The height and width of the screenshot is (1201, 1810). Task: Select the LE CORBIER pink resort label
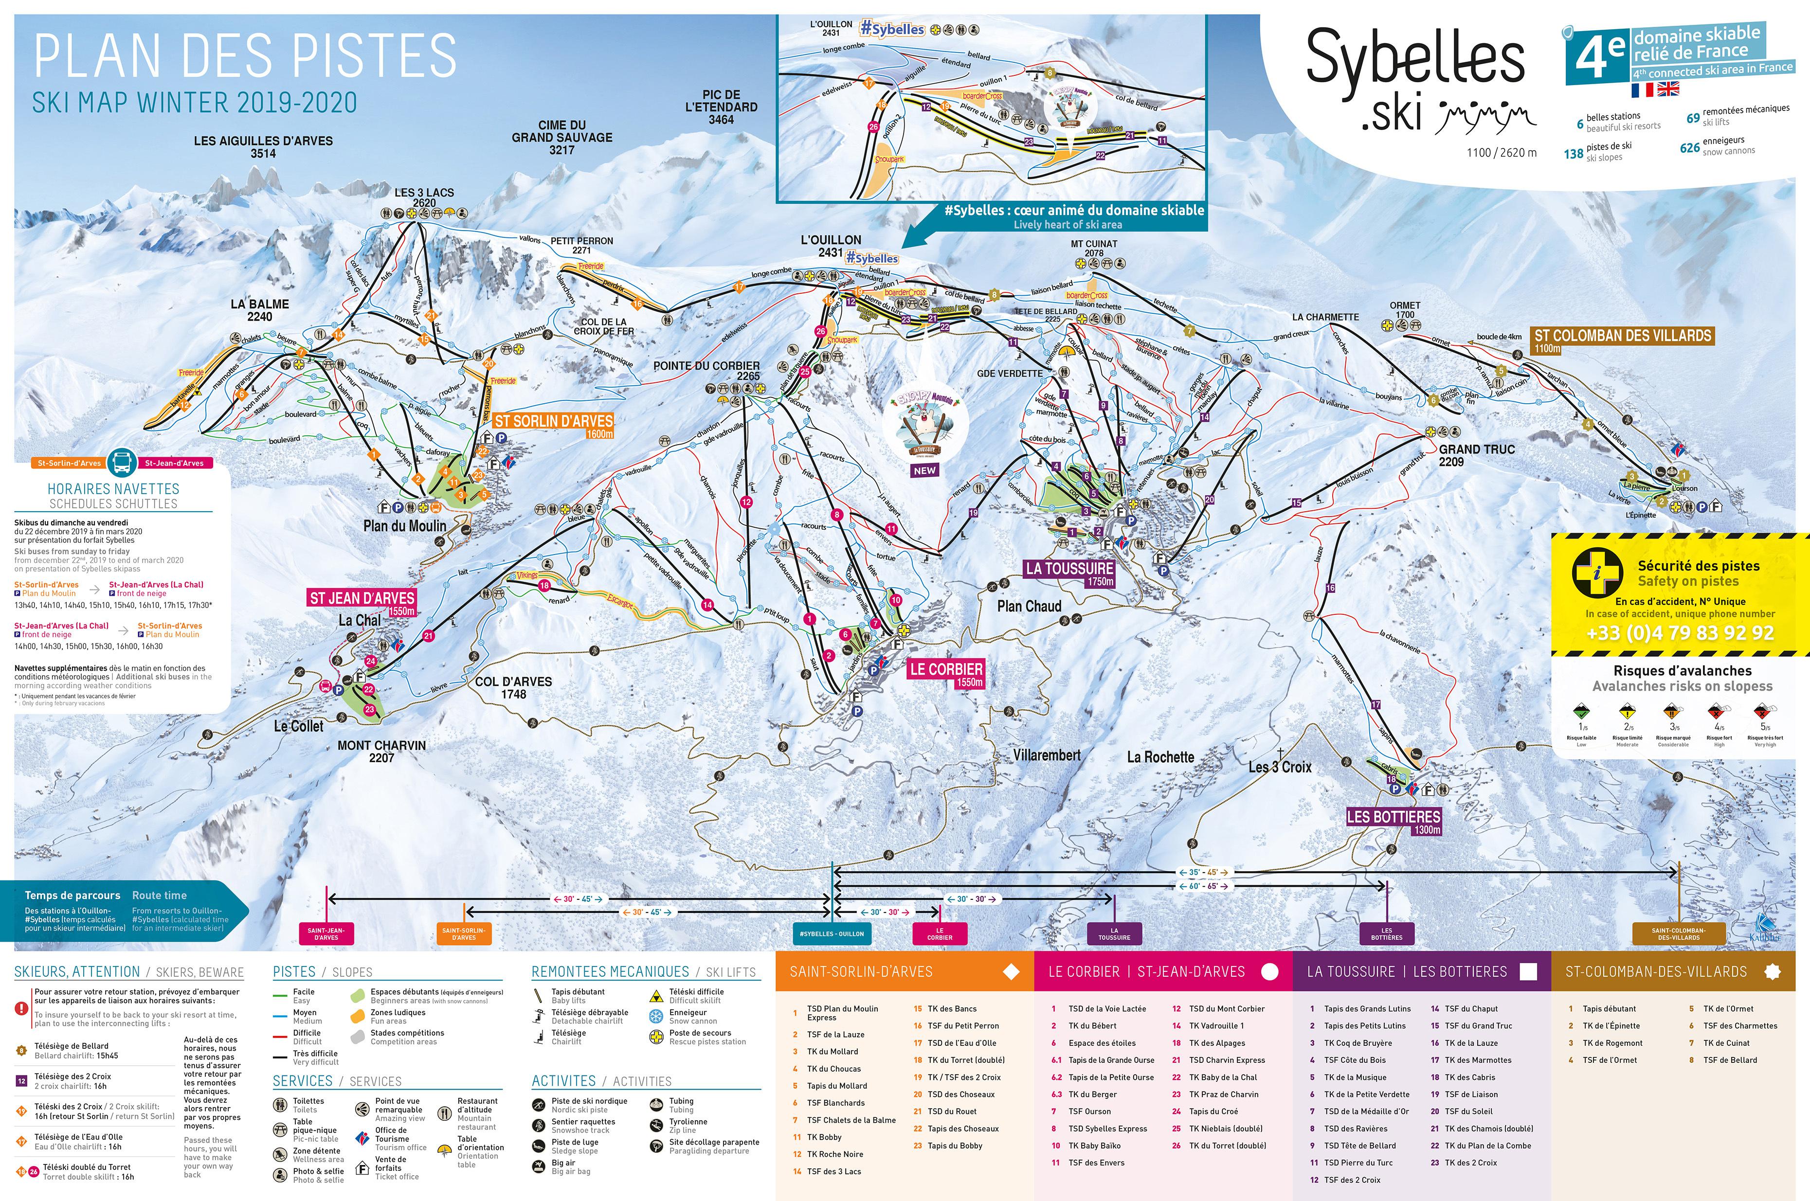point(945,669)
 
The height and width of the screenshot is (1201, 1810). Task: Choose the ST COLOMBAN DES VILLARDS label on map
point(1622,336)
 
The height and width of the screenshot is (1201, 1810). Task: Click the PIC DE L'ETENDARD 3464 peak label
point(720,107)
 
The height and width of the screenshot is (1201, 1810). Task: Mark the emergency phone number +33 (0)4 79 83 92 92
point(1679,633)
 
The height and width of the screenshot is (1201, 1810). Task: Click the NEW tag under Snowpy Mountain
point(924,470)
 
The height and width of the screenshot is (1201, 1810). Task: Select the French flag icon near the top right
point(1642,90)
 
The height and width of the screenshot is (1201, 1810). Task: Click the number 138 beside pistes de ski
point(1574,154)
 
